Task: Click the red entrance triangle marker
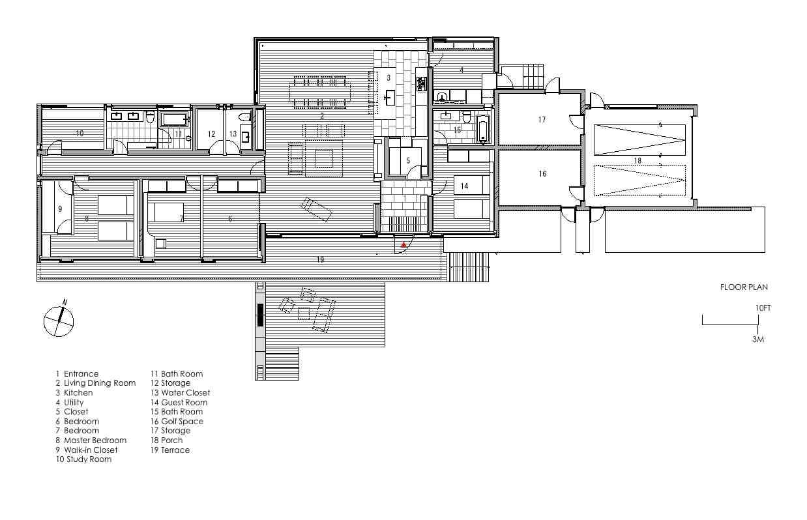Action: [x=404, y=244]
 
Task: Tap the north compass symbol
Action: [x=59, y=321]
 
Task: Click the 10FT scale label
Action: [x=763, y=308]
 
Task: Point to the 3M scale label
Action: [x=758, y=339]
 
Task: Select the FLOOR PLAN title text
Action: [x=744, y=287]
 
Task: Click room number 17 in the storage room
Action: [x=542, y=119]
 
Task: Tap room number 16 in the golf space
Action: [x=542, y=174]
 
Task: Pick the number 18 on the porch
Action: [x=638, y=160]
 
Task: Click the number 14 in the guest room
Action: [x=464, y=186]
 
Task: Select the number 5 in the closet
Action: [x=408, y=160]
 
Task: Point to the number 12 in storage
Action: [x=211, y=134]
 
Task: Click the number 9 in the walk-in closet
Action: [x=60, y=209]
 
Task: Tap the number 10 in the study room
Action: [x=80, y=133]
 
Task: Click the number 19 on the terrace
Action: [x=320, y=259]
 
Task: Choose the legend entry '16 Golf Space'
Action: [x=177, y=422]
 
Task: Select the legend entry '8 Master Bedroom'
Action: [x=91, y=441]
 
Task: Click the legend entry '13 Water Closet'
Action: [x=180, y=392]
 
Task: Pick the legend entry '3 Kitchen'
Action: [x=74, y=392]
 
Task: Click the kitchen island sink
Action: [x=389, y=97]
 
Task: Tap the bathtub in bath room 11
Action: [x=174, y=119]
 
